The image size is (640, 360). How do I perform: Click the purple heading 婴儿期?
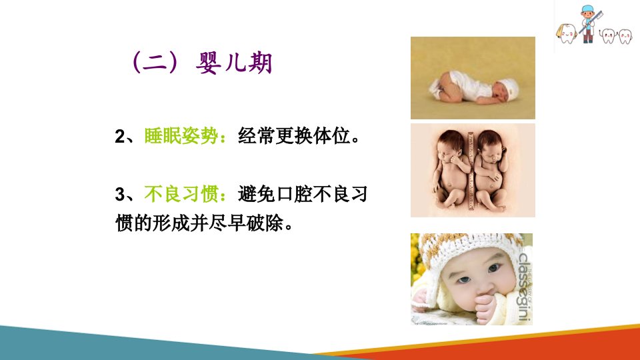click(234, 63)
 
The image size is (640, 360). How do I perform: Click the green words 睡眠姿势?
click(181, 136)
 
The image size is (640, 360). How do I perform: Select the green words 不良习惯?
click(181, 194)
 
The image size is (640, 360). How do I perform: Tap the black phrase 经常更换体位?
click(294, 136)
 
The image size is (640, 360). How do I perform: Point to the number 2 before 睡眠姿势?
click(119, 137)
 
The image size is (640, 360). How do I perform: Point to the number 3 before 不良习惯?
click(119, 195)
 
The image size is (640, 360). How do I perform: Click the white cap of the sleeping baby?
click(509, 87)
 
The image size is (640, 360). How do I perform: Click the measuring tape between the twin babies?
click(471, 171)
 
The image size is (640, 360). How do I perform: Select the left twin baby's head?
click(450, 147)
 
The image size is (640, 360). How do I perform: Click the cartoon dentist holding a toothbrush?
click(588, 24)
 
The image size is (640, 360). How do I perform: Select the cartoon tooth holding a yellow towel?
click(567, 33)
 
